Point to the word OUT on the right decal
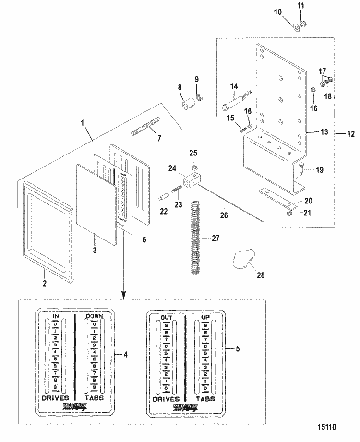coord(166,317)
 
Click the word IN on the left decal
coord(56,317)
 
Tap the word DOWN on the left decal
coord(94,317)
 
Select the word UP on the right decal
coord(204,317)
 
